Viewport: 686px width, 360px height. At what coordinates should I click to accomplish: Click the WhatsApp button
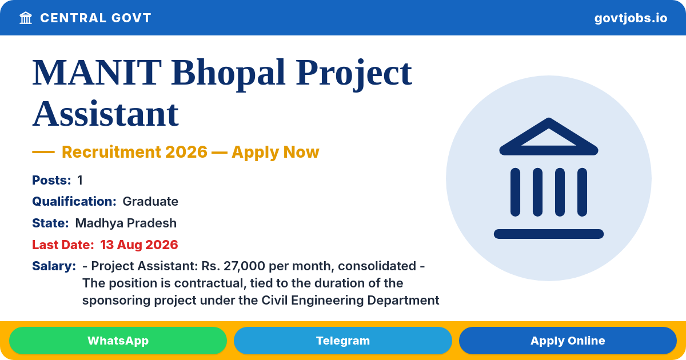(x=118, y=341)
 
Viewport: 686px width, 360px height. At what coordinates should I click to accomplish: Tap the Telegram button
(x=342, y=341)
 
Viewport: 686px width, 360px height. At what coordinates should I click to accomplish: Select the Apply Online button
(x=568, y=341)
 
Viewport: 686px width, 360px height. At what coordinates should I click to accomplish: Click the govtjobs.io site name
(x=631, y=18)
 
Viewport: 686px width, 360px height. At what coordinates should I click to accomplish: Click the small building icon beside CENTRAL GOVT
(x=26, y=18)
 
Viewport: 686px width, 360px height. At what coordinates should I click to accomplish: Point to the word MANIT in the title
(x=97, y=73)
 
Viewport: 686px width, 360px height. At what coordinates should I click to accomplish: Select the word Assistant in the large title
(x=105, y=114)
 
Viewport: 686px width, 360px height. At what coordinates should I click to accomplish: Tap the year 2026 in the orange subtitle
(x=186, y=152)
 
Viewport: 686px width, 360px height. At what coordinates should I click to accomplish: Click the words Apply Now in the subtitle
(x=276, y=153)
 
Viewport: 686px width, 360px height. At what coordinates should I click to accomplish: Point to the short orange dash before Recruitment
(x=43, y=152)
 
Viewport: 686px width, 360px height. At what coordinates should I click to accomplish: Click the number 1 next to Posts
(x=80, y=181)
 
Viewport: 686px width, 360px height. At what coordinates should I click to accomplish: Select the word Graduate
(x=150, y=201)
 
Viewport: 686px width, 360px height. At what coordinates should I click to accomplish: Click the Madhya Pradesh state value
(x=126, y=223)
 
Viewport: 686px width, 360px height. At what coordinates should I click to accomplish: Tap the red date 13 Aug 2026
(x=139, y=245)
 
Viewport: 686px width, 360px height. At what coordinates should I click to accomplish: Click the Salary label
(x=54, y=266)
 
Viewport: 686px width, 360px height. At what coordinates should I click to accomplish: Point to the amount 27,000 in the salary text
(x=244, y=266)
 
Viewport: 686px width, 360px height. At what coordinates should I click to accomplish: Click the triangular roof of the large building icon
(x=549, y=137)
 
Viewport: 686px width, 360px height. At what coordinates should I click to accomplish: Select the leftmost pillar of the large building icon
(x=515, y=192)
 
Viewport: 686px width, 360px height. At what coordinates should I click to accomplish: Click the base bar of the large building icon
(x=549, y=234)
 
